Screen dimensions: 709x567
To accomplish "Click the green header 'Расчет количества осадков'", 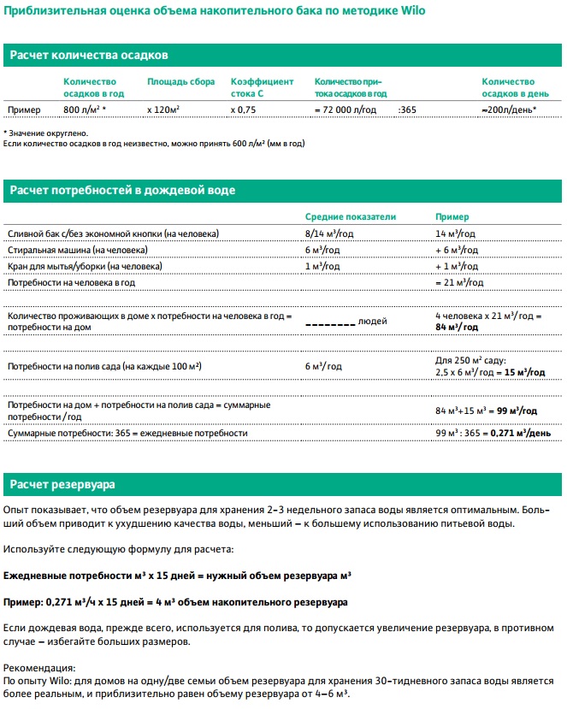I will coord(88,55).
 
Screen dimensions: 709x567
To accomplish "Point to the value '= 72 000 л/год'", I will coord(349,110).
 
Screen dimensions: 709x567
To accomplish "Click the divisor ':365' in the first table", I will coord(407,110).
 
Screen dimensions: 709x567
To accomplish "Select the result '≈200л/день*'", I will coord(510,110).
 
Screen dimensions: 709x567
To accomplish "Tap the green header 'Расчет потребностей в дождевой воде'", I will coord(121,190).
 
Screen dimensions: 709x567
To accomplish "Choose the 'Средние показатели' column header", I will coord(351,217).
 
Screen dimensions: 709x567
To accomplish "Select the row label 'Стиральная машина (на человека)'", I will coord(77,250).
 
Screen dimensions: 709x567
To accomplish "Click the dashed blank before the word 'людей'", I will coord(330,322).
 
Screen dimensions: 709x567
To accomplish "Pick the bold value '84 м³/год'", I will coord(457,328).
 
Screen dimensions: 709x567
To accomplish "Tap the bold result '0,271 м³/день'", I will coord(519,434).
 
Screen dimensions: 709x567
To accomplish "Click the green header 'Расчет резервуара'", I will coord(62,485).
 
